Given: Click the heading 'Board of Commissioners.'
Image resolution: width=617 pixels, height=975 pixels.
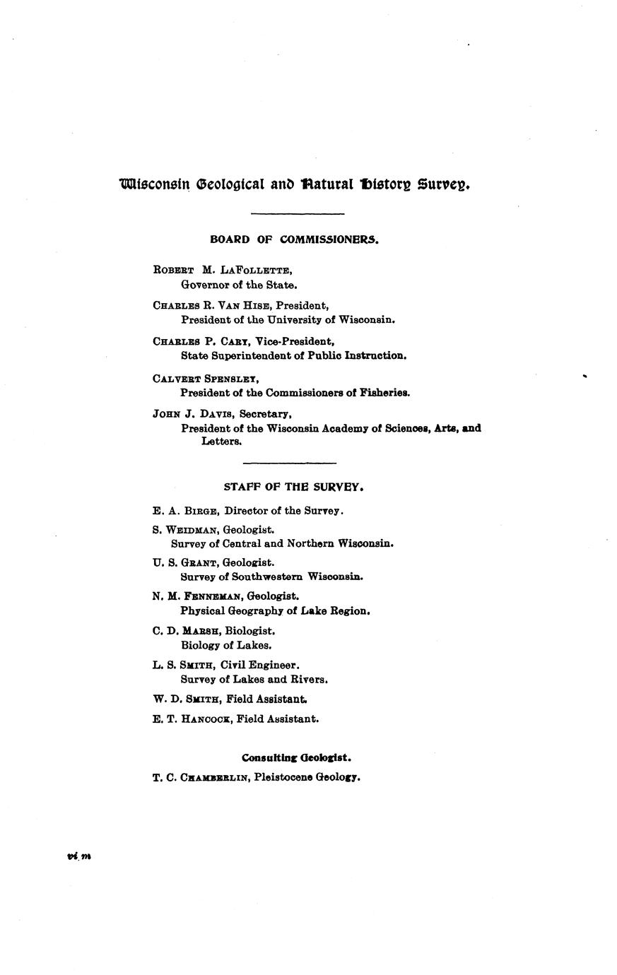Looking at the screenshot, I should pyautogui.click(x=294, y=240).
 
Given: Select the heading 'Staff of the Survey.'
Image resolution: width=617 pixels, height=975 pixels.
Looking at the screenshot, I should pyautogui.click(x=294, y=487).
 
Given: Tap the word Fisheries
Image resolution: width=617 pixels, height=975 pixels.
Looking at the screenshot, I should pyautogui.click(x=386, y=393).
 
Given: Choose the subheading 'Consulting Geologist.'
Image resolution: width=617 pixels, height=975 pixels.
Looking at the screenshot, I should pyautogui.click(x=296, y=758).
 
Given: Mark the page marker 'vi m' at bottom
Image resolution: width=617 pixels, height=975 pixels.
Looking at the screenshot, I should pyautogui.click(x=78, y=856).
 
